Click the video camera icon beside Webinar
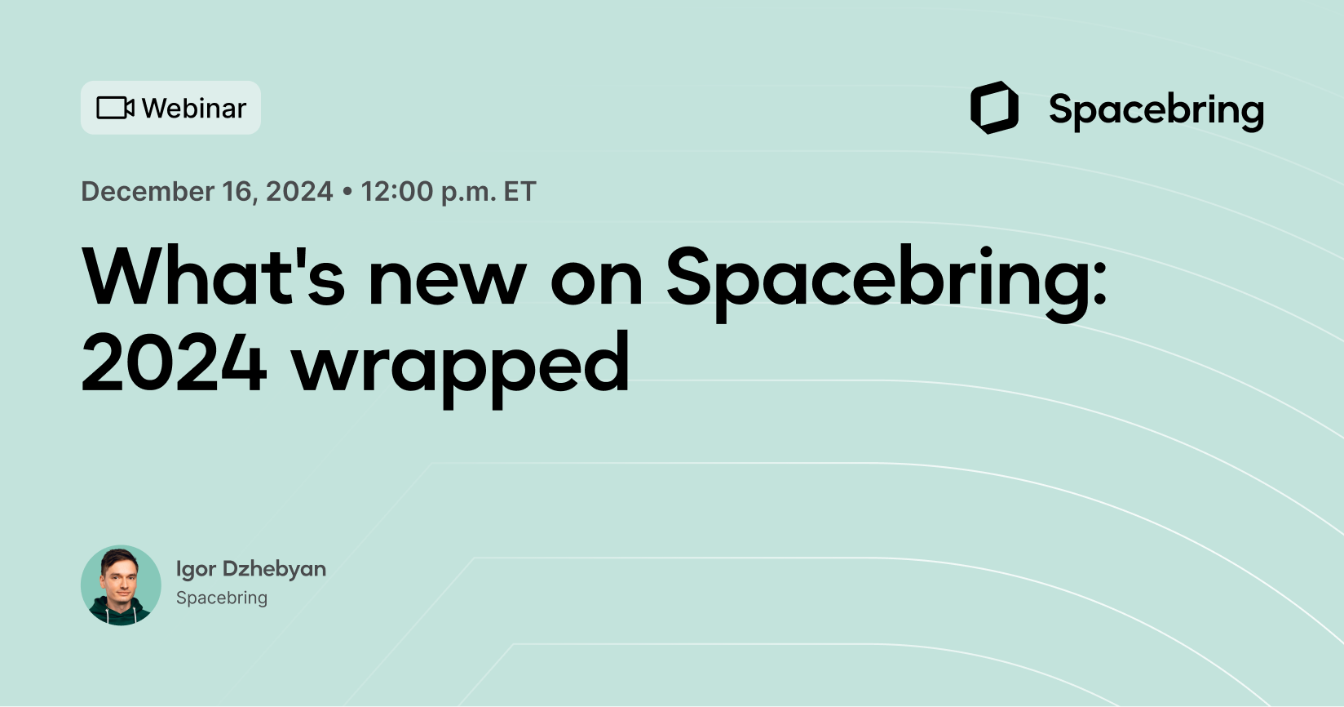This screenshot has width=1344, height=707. tap(115, 108)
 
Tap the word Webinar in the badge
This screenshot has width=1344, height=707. tap(194, 108)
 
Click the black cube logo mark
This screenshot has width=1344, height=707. tap(994, 108)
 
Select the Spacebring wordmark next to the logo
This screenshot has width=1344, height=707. tap(1156, 110)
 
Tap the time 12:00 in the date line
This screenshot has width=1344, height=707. tap(397, 191)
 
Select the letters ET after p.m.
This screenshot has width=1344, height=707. tap(519, 191)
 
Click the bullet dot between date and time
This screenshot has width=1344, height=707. tap(347, 192)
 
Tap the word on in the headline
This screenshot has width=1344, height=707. tap(596, 282)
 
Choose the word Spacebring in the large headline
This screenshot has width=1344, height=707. tap(877, 282)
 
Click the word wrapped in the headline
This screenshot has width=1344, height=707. tap(461, 367)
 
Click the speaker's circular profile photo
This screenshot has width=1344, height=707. tap(121, 585)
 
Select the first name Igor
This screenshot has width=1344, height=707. tap(196, 569)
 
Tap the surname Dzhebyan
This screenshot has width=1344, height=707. tap(274, 569)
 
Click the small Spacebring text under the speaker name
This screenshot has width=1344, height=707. tap(222, 598)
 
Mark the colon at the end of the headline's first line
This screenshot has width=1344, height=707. tap(1099, 286)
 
